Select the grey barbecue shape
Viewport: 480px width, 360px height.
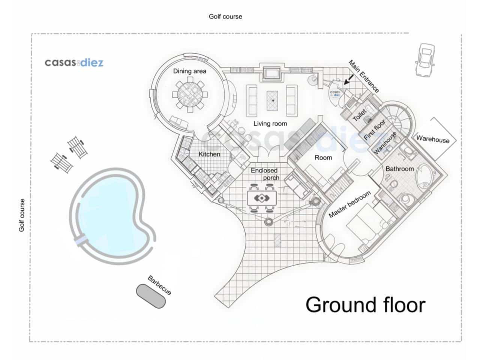tap(150, 296)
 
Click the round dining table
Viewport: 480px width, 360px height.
tap(190, 96)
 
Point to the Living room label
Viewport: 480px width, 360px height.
tap(270, 123)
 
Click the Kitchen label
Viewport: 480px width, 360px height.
tap(209, 154)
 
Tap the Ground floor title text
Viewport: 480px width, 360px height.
tap(365, 304)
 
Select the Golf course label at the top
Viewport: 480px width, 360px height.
tap(225, 16)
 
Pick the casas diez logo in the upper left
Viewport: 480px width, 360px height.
tap(74, 62)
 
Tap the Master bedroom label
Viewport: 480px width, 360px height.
tap(349, 204)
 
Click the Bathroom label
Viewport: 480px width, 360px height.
tap(399, 169)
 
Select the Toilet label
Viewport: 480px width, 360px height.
tap(359, 115)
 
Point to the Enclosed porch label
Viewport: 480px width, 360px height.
tap(265, 174)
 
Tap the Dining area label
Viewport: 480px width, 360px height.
tap(189, 71)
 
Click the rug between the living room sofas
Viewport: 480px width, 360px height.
tap(273, 100)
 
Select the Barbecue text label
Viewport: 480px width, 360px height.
tap(159, 285)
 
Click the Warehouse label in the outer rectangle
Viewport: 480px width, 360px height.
tap(433, 139)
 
